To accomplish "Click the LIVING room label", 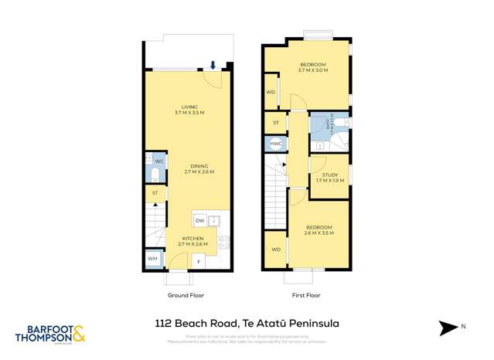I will point(189,107).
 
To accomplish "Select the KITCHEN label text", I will point(192,239).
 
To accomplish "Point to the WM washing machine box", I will point(152,258).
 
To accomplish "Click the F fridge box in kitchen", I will point(198,261).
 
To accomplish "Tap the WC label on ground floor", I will point(158,161).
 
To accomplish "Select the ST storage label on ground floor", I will point(155,192).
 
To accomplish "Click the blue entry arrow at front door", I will point(213,66).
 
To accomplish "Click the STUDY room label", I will point(329,175).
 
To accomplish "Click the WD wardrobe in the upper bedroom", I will point(271,92).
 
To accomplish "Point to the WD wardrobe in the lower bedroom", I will point(275,250).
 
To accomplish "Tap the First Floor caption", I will point(307,295).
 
